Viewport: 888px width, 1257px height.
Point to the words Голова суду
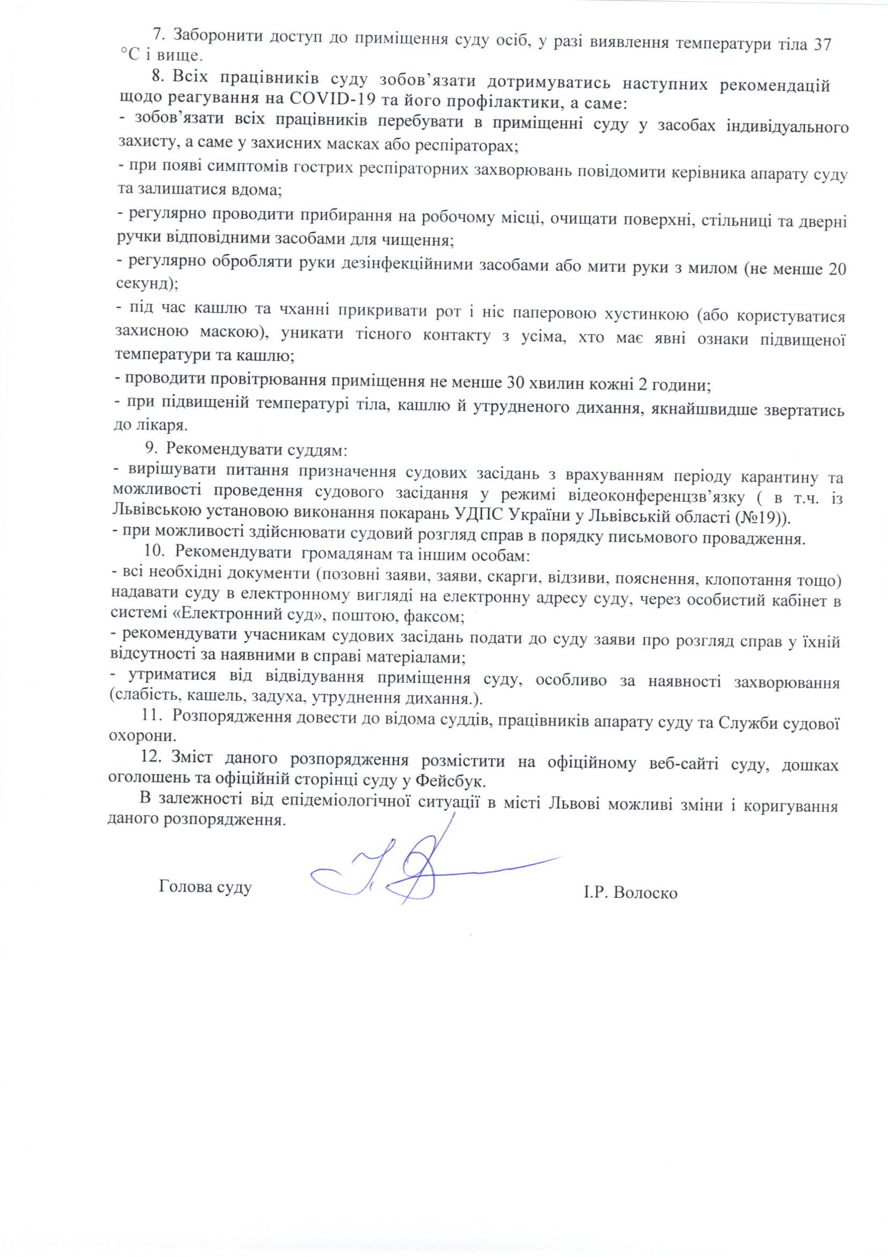(x=205, y=886)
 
